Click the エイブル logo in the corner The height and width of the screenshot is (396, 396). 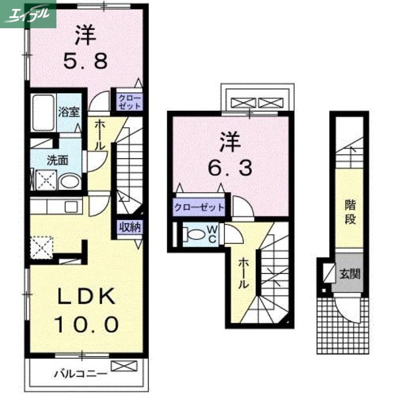click(28, 14)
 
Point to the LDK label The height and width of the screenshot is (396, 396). click(87, 297)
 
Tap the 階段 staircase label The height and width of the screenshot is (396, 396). click(350, 212)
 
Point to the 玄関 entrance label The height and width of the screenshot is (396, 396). click(349, 274)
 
